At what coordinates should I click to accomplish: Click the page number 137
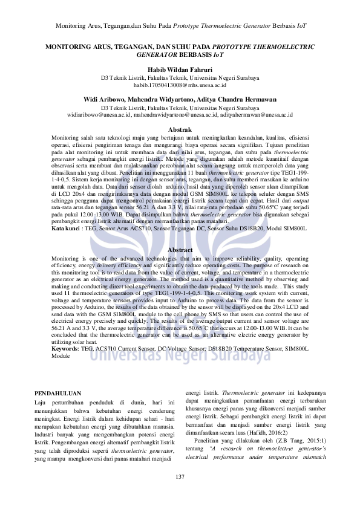[180, 478]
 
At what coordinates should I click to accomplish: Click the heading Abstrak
[180, 130]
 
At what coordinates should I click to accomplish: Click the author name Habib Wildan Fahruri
[180, 70]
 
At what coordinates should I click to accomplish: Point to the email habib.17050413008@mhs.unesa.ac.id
[180, 86]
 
